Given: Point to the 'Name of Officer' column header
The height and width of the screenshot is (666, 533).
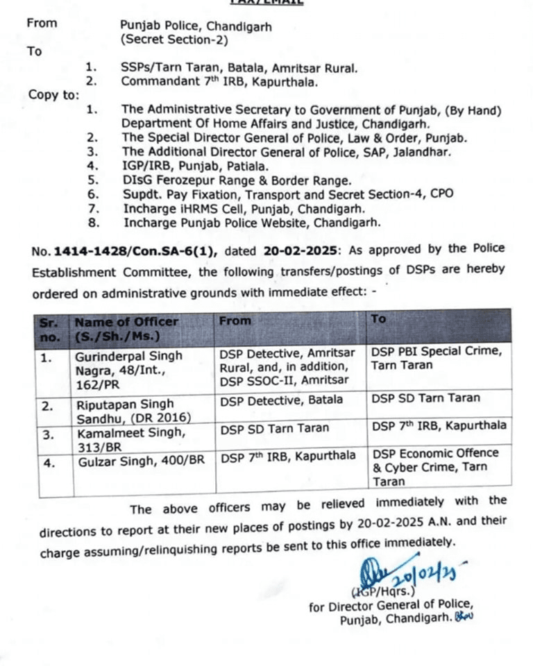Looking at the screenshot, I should (126, 327).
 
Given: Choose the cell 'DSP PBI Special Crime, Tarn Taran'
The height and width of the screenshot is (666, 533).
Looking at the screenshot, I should (437, 358).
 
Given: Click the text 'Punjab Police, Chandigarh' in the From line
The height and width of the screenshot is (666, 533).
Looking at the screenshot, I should (196, 27).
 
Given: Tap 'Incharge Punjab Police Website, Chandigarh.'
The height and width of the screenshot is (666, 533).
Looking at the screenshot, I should (252, 223).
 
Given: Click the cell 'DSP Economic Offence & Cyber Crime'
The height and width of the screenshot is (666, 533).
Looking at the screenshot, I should (436, 466).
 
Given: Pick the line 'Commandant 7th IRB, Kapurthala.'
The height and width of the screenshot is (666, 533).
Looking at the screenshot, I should (219, 81).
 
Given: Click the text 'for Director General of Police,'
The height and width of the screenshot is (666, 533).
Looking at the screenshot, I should (391, 606).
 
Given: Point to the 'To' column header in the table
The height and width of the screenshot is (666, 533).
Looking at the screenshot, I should (378, 320).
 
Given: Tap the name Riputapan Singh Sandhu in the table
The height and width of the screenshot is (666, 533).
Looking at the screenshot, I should (125, 410).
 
